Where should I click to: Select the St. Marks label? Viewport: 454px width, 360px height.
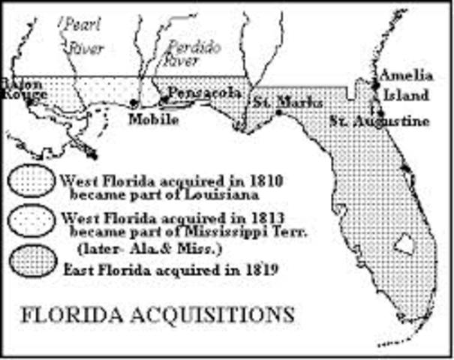pyautogui.click(x=287, y=102)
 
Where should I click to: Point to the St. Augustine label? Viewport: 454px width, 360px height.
pyautogui.click(x=382, y=121)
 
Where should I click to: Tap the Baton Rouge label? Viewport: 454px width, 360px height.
pyautogui.click(x=23, y=88)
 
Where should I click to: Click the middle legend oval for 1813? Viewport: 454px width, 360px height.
pyautogui.click(x=32, y=220)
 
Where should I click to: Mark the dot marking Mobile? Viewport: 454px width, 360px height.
pyautogui.click(x=134, y=103)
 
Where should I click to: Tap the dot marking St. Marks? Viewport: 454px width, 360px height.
pyautogui.click(x=279, y=112)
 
